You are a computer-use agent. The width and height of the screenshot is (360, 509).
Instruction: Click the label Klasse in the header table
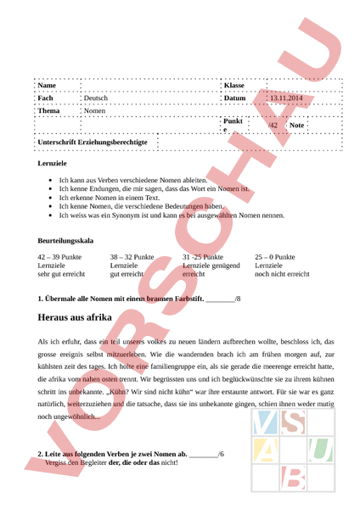tap(233, 87)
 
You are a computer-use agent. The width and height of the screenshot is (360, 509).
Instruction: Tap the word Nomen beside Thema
tap(95, 111)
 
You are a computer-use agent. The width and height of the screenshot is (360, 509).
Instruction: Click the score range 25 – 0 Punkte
tap(275, 256)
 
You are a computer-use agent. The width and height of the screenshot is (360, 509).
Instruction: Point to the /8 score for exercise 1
tap(237, 299)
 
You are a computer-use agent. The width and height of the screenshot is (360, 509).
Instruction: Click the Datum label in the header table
tap(234, 98)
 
